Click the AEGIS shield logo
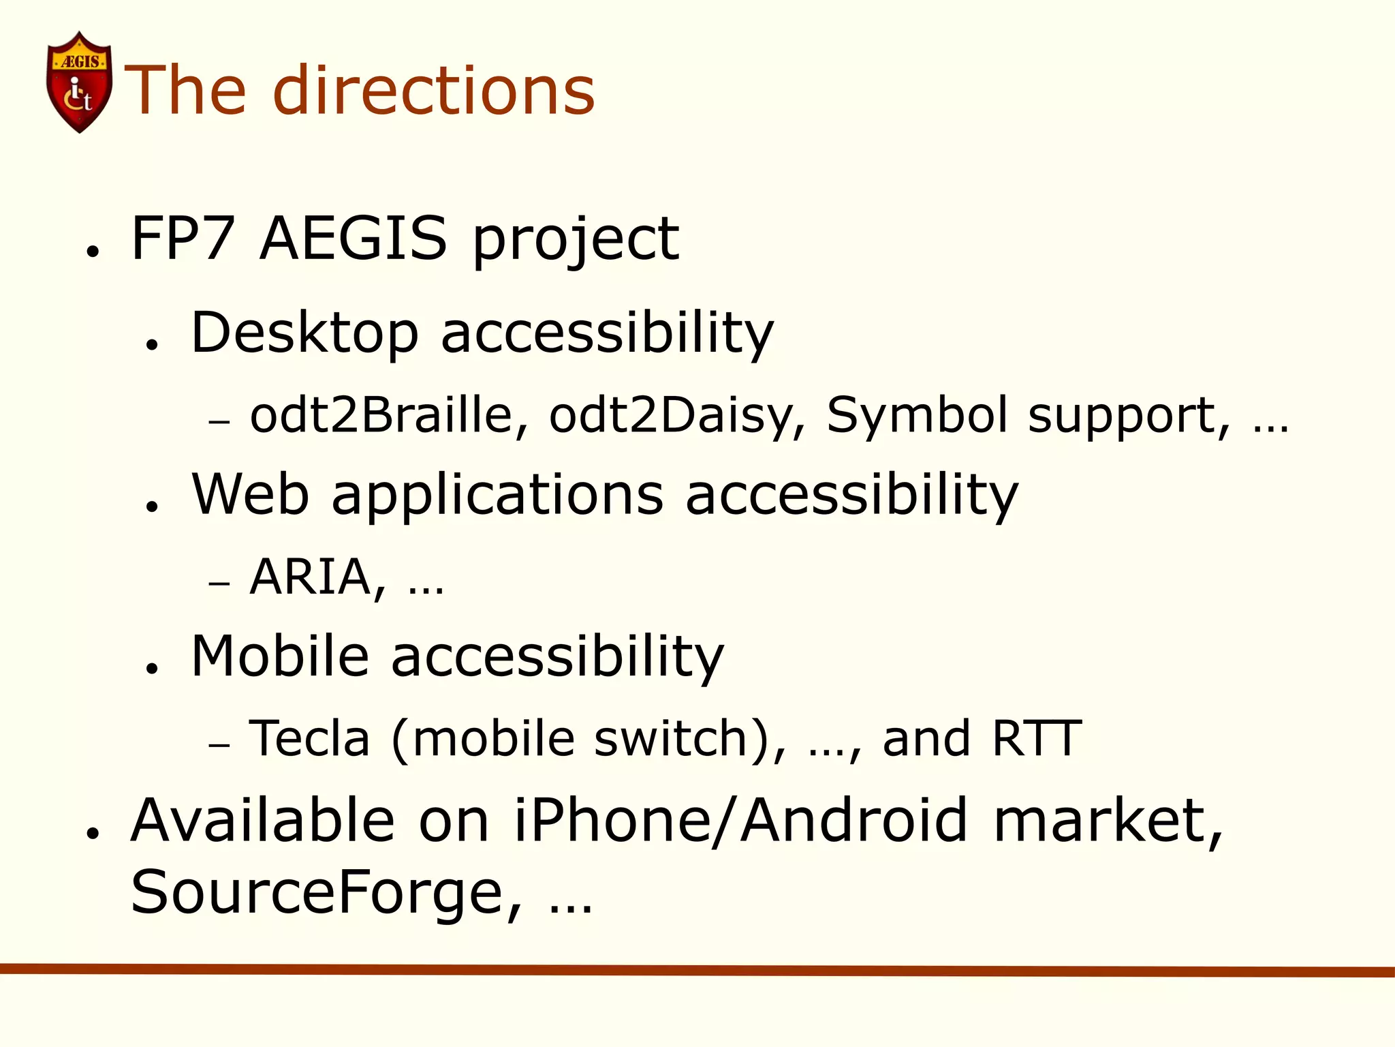pos(79,82)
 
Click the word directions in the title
pos(434,90)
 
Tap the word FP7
pos(183,238)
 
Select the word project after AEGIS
pos(576,240)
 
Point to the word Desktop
pos(304,333)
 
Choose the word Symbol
pos(916,415)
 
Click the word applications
pos(497,496)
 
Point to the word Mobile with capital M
pos(280,656)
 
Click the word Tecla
pos(309,738)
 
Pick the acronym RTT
pos(1036,738)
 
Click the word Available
pos(263,821)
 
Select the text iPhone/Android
pos(740,821)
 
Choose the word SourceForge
pos(326,893)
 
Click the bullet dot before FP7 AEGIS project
pos(93,251)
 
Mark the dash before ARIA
pos(219,584)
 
